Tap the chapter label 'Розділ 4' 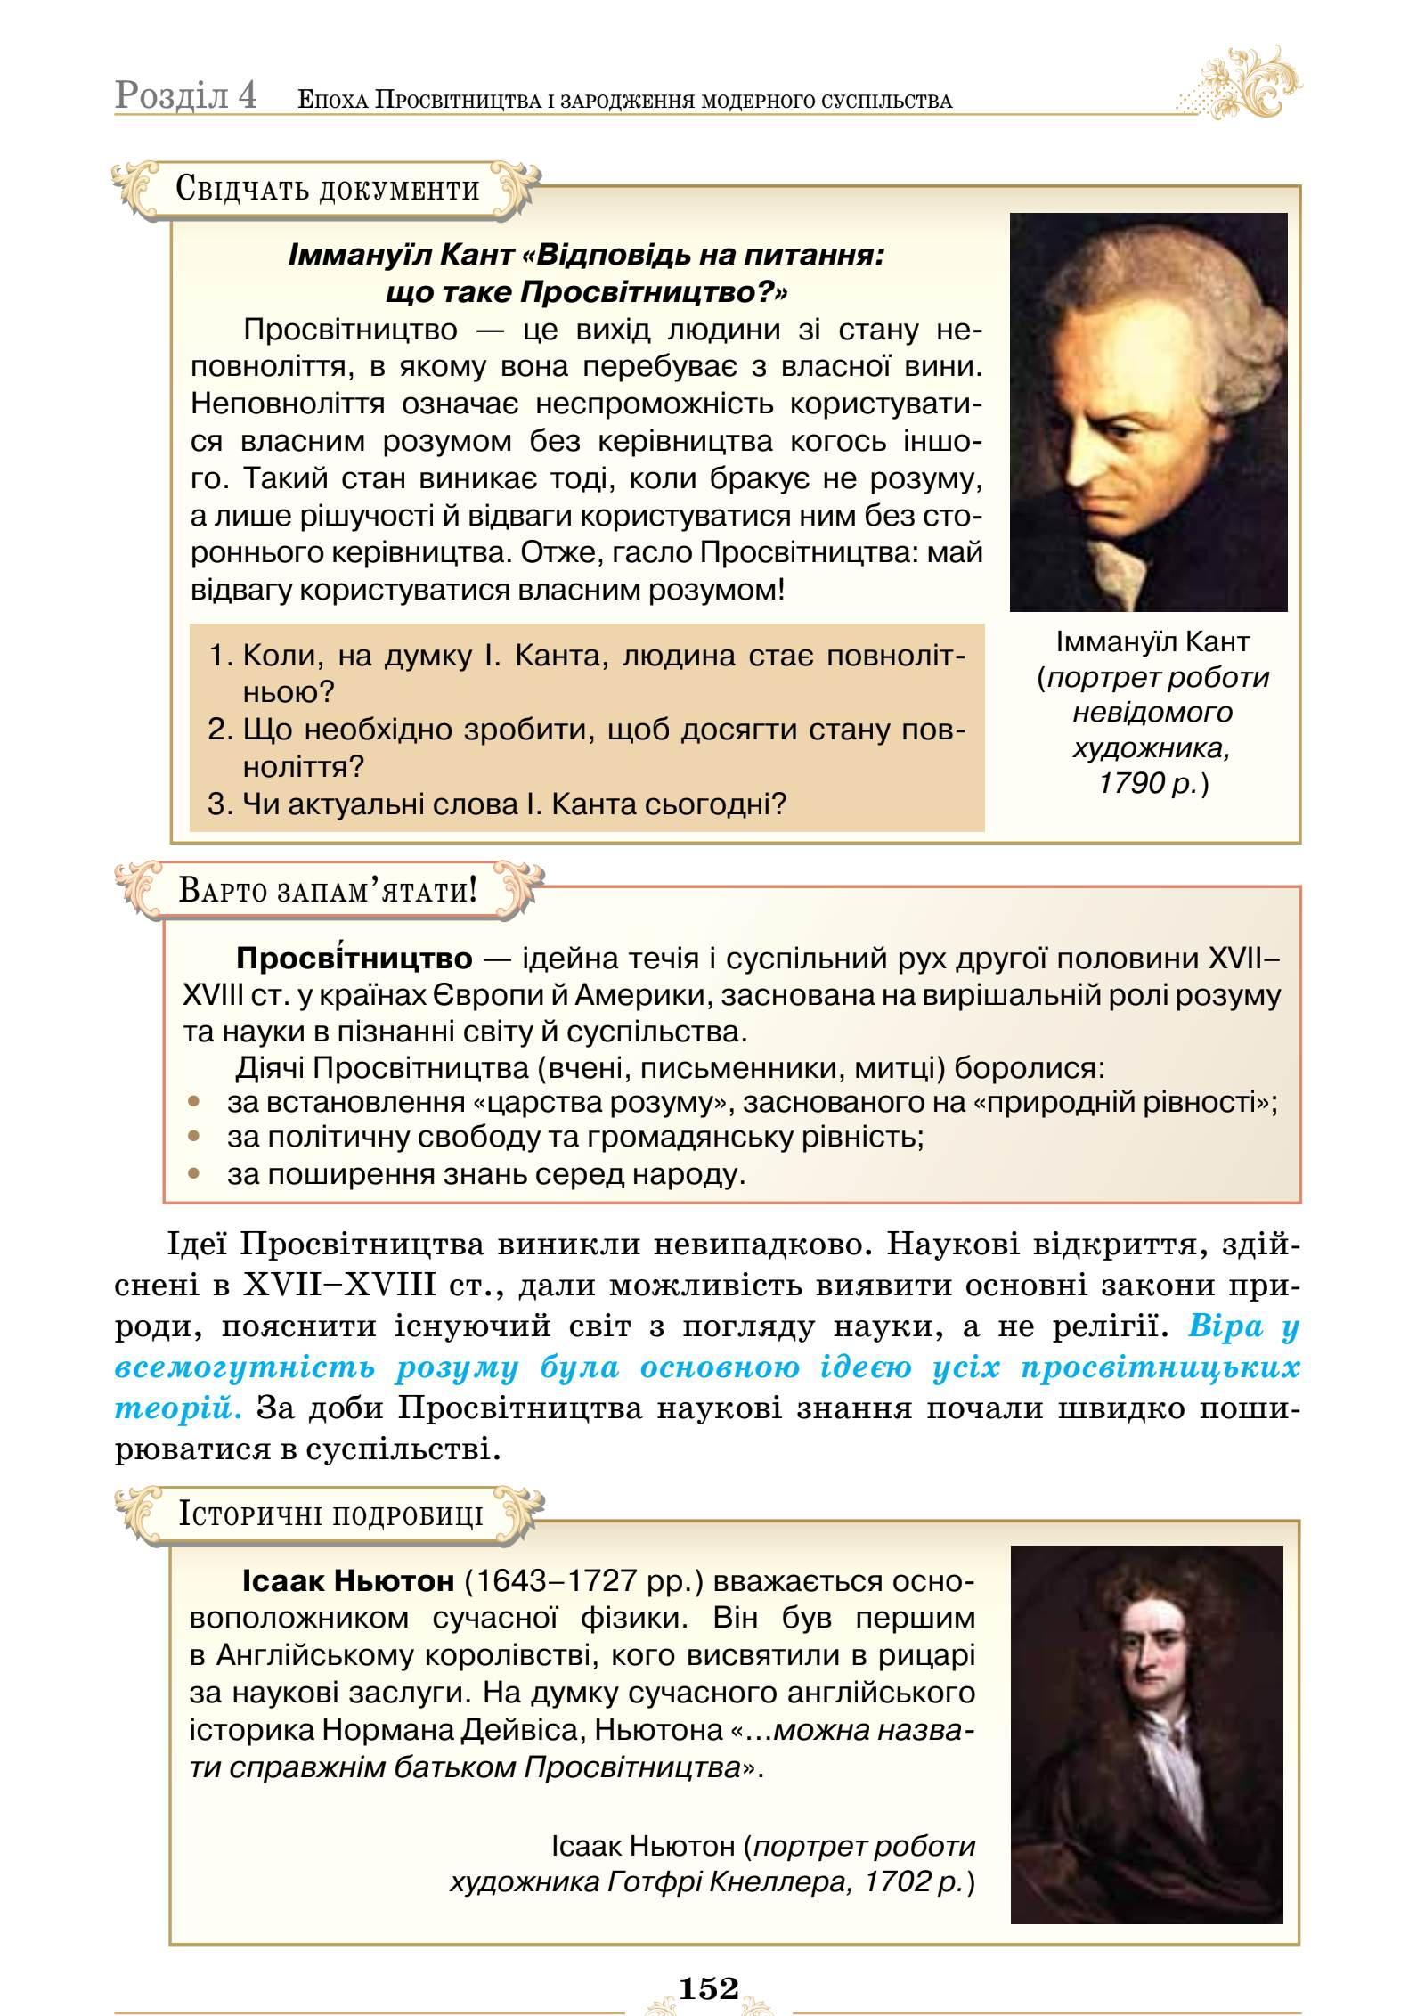(186, 95)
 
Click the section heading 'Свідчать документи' (327, 189)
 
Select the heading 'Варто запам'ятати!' (327, 890)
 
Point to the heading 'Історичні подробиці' (330, 1514)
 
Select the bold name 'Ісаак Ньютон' (347, 1582)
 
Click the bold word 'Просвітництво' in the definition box (354, 959)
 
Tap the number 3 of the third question (218, 804)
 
